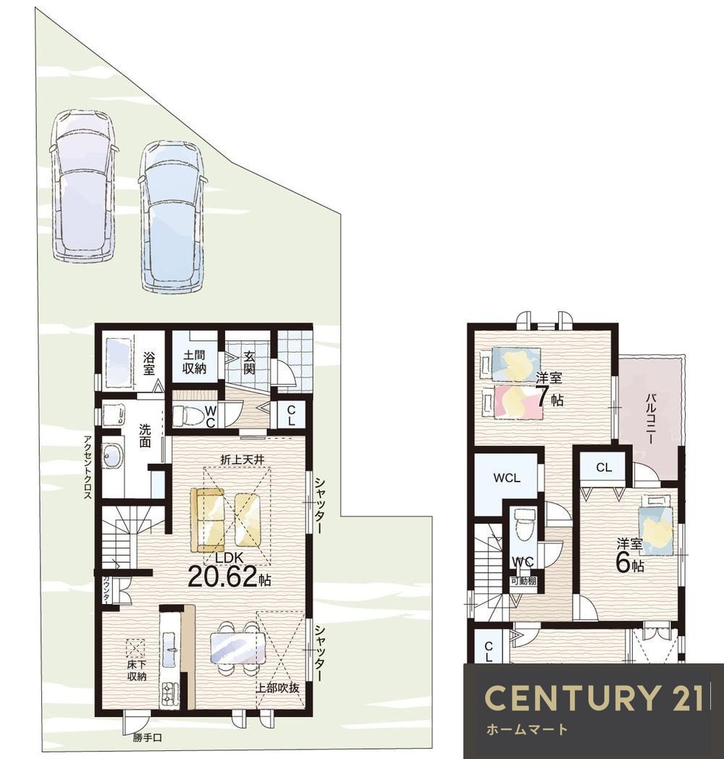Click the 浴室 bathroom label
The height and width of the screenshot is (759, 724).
148,364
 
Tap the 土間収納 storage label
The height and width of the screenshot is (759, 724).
195,361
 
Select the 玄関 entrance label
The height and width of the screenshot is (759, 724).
249,363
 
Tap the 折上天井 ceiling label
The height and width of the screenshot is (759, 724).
243,460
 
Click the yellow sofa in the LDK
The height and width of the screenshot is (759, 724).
208,519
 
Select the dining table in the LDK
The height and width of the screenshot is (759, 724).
238,648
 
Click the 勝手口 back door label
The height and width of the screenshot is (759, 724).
147,738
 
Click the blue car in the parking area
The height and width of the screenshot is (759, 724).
172,217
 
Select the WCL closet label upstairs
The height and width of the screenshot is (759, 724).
507,478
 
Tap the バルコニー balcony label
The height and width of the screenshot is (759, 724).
651,419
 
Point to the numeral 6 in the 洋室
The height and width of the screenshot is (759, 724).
623,562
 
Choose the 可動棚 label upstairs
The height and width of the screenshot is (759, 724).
523,580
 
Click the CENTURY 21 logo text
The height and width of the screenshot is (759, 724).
594,698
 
